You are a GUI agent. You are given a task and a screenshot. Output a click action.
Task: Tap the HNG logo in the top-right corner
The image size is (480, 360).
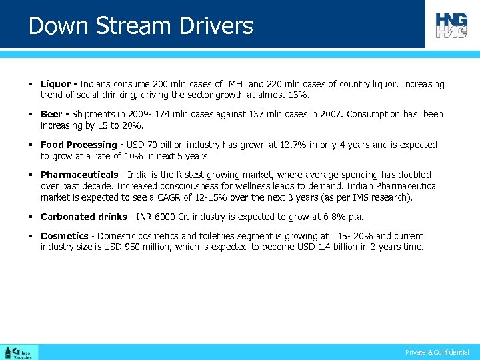point(451,25)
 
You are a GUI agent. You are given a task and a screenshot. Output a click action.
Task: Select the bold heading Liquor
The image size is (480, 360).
point(55,84)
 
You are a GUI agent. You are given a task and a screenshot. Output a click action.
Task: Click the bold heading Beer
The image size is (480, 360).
point(51,114)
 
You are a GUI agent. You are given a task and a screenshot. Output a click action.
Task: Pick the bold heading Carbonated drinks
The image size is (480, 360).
point(83,217)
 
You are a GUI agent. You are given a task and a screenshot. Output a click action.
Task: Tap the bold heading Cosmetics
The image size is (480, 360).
point(64,236)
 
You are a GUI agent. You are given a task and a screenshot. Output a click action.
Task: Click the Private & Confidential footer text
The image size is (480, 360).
point(437,352)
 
